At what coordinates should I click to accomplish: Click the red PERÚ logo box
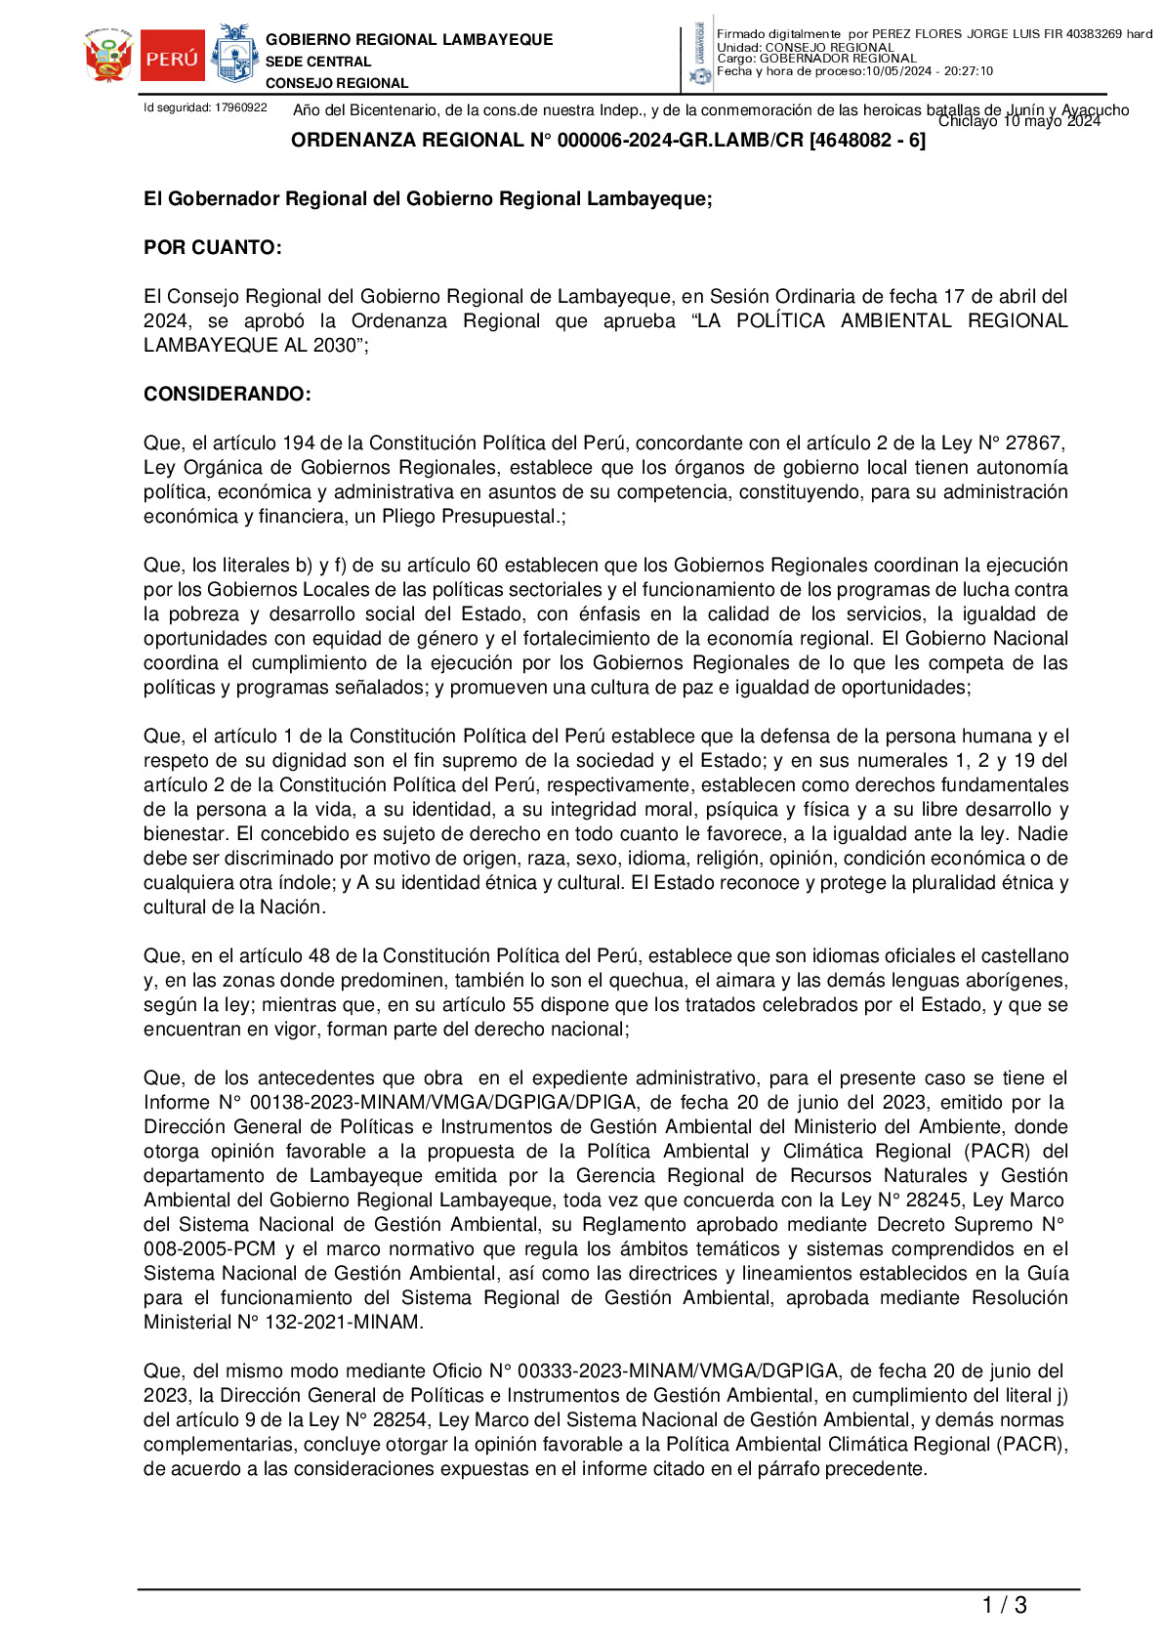pos(173,58)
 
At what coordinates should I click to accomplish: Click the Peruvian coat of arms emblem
pos(108,57)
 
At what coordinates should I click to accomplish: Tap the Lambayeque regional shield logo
pos(234,55)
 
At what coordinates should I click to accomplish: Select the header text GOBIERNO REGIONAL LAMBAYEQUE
pos(409,40)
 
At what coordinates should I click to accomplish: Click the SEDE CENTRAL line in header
pos(318,62)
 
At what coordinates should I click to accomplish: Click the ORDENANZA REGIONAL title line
pos(607,141)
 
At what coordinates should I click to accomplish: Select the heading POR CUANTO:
pos(213,248)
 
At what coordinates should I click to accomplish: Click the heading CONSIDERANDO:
pos(228,395)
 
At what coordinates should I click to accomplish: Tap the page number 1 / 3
pos(1004,1605)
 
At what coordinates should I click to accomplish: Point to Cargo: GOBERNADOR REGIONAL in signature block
pos(816,59)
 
